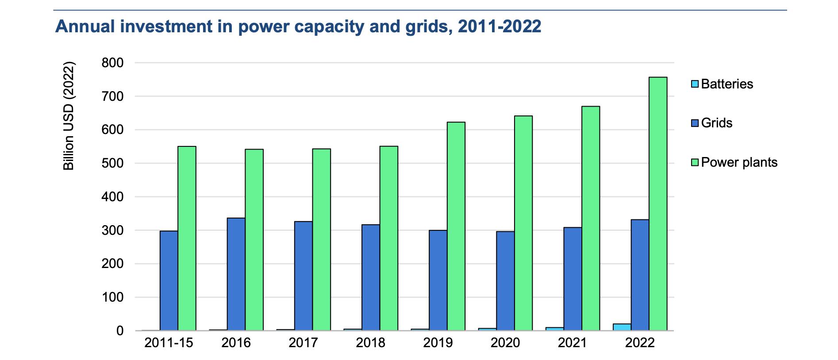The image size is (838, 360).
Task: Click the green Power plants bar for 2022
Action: point(658,204)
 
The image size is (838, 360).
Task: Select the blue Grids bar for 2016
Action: point(236,274)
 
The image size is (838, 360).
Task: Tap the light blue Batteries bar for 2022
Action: point(622,327)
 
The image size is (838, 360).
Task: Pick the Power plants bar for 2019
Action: point(456,226)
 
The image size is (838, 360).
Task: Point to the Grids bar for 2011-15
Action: point(169,280)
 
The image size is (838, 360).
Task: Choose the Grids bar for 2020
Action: point(505,280)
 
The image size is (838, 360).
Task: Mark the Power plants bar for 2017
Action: point(322,239)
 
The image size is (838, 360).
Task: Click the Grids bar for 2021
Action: point(573,279)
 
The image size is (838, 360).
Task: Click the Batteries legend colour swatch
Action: point(695,84)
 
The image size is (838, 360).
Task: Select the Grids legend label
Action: point(717,123)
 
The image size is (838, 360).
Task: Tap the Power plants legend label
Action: point(739,162)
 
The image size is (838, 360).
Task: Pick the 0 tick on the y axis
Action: point(120,331)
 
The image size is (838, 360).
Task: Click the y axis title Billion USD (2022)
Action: point(69,115)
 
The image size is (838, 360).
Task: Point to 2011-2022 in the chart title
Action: point(500,27)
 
